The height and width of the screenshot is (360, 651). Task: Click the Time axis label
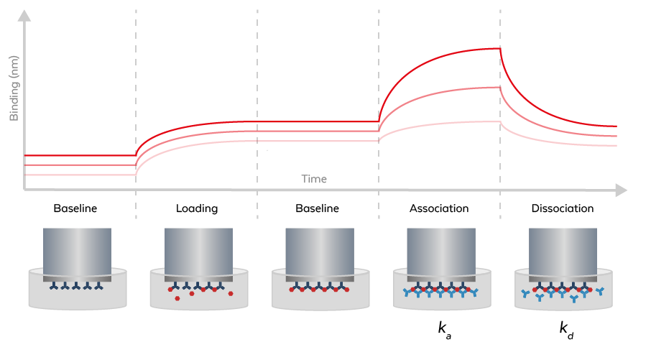(314, 179)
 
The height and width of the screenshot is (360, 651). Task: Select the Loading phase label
(197, 209)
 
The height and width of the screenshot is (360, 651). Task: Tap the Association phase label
(439, 209)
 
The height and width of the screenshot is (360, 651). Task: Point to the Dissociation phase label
(563, 209)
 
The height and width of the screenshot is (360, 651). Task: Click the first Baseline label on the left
(75, 209)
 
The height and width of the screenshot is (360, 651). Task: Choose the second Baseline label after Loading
(317, 209)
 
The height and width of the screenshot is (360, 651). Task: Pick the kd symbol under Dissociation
(567, 329)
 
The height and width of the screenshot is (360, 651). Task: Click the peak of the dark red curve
(498, 48)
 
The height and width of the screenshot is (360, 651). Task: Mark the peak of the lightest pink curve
(498, 121)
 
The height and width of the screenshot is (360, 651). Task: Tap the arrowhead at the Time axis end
(621, 190)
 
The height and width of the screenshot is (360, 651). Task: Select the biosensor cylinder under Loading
(198, 251)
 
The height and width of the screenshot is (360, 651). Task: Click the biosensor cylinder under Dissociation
(563, 251)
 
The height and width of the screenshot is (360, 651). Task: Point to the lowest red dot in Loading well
(177, 298)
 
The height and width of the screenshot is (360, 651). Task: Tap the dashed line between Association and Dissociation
(501, 108)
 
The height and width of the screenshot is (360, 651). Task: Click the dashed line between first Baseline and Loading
(136, 108)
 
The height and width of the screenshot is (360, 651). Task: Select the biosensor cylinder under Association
(440, 251)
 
